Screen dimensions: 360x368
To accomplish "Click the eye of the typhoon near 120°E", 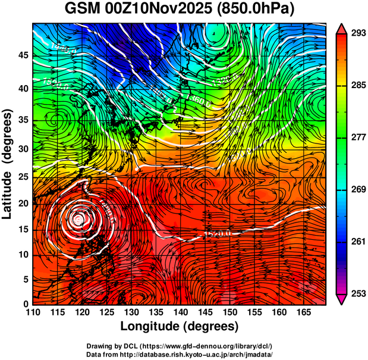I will pos(77,219).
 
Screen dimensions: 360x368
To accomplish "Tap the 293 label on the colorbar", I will pos(357,33).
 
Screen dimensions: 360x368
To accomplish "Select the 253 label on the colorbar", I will pos(357,293).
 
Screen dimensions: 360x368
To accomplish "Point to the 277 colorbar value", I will pos(357,137).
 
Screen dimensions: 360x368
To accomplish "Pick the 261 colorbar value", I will pos(357,242).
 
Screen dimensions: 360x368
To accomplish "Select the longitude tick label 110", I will pos(33,312).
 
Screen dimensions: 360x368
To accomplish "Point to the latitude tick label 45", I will pos(23,55).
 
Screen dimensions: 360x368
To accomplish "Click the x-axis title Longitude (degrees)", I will pos(179,326).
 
